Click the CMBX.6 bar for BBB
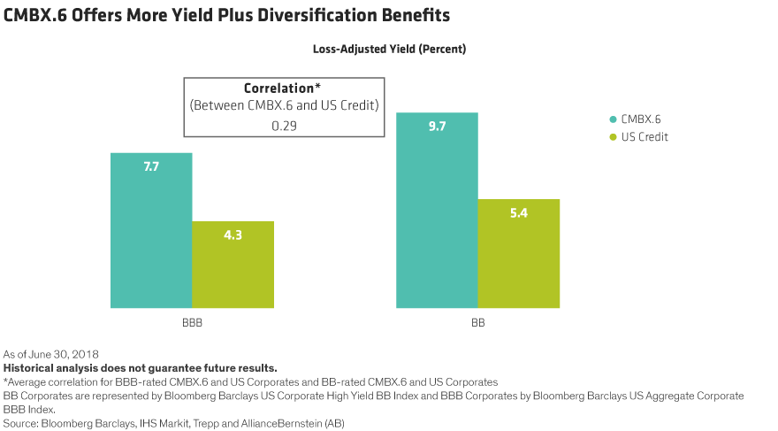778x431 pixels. [151, 239]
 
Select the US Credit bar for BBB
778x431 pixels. [233, 270]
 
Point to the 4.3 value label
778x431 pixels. [233, 235]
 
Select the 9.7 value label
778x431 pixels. [437, 127]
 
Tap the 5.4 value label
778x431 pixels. [519, 213]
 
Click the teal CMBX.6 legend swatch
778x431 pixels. [612, 119]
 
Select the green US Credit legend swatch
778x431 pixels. [612, 137]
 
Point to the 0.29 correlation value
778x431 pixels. [283, 125]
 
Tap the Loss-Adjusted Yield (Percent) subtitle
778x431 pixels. [389, 50]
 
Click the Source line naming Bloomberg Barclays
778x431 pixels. [177, 422]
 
